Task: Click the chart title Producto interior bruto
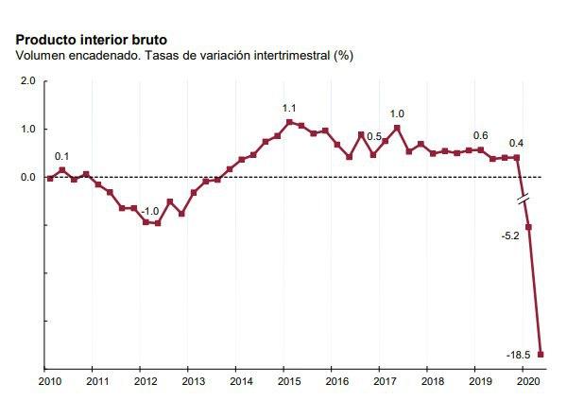point(92,40)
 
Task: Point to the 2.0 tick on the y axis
point(26,81)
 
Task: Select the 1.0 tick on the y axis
point(26,130)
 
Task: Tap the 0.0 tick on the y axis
point(26,177)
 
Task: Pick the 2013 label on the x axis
point(192,381)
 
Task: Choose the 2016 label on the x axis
point(336,381)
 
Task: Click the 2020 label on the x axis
point(528,381)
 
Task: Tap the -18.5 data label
point(518,356)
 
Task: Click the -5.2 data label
point(510,235)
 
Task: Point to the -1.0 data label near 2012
point(149,211)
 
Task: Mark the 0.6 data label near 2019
point(480,135)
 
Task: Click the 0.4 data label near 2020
point(516,144)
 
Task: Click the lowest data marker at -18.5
point(541,355)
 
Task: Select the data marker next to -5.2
point(528,227)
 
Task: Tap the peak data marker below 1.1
point(290,122)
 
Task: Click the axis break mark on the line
point(523,199)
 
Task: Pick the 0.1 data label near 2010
point(61,156)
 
